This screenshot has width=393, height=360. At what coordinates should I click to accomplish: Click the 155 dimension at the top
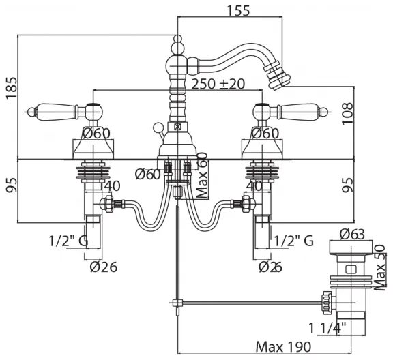tap(238, 10)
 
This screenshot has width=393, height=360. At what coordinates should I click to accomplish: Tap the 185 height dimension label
tap(12, 88)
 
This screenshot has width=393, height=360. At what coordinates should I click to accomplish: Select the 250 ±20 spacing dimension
tap(218, 84)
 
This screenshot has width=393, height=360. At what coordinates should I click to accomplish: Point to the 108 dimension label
tap(347, 113)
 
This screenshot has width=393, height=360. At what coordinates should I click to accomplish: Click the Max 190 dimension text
tap(283, 347)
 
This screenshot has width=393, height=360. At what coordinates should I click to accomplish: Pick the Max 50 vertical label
tap(379, 267)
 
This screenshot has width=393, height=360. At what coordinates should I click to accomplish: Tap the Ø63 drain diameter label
tap(352, 235)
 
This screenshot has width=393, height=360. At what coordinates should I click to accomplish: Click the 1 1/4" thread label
tap(327, 328)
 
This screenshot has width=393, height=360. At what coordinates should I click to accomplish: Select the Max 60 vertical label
tap(203, 175)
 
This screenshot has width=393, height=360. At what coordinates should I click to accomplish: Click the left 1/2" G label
tap(68, 241)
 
